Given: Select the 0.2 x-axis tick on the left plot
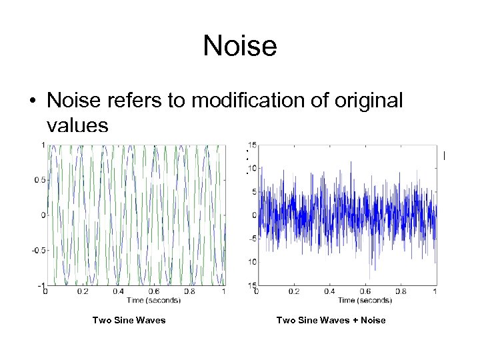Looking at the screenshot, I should click(81, 291).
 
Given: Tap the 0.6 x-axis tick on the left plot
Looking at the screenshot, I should click(153, 291).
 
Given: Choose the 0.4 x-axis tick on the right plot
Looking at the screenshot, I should click(328, 291).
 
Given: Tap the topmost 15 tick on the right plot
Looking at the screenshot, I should click(251, 145).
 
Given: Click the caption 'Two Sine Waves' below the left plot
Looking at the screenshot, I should click(129, 321).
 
